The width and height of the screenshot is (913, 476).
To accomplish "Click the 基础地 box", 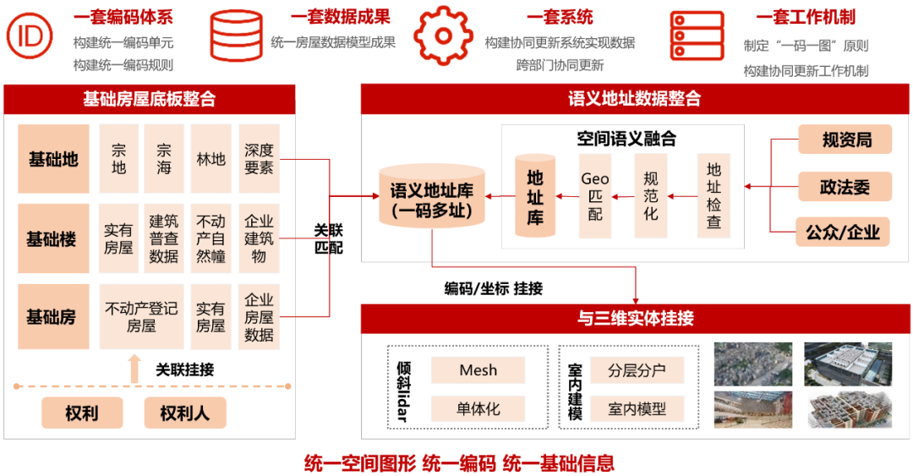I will tap(53, 158).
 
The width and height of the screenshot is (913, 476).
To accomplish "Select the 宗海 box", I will tap(164, 158).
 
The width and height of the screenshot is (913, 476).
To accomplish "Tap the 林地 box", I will tap(210, 158).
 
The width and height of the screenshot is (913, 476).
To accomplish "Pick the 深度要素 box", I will tap(259, 158).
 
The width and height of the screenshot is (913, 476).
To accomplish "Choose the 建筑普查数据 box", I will tap(164, 238).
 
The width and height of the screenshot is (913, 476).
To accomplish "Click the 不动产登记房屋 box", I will tap(141, 317).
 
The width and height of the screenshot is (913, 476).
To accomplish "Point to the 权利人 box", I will tap(185, 413).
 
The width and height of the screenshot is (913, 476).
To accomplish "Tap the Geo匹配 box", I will tap(595, 196).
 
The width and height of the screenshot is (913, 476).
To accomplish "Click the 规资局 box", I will tap(845, 140).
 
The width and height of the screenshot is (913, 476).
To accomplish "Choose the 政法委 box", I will tap(845, 185).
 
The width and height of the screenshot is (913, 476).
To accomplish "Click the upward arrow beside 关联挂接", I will tap(134, 369).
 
